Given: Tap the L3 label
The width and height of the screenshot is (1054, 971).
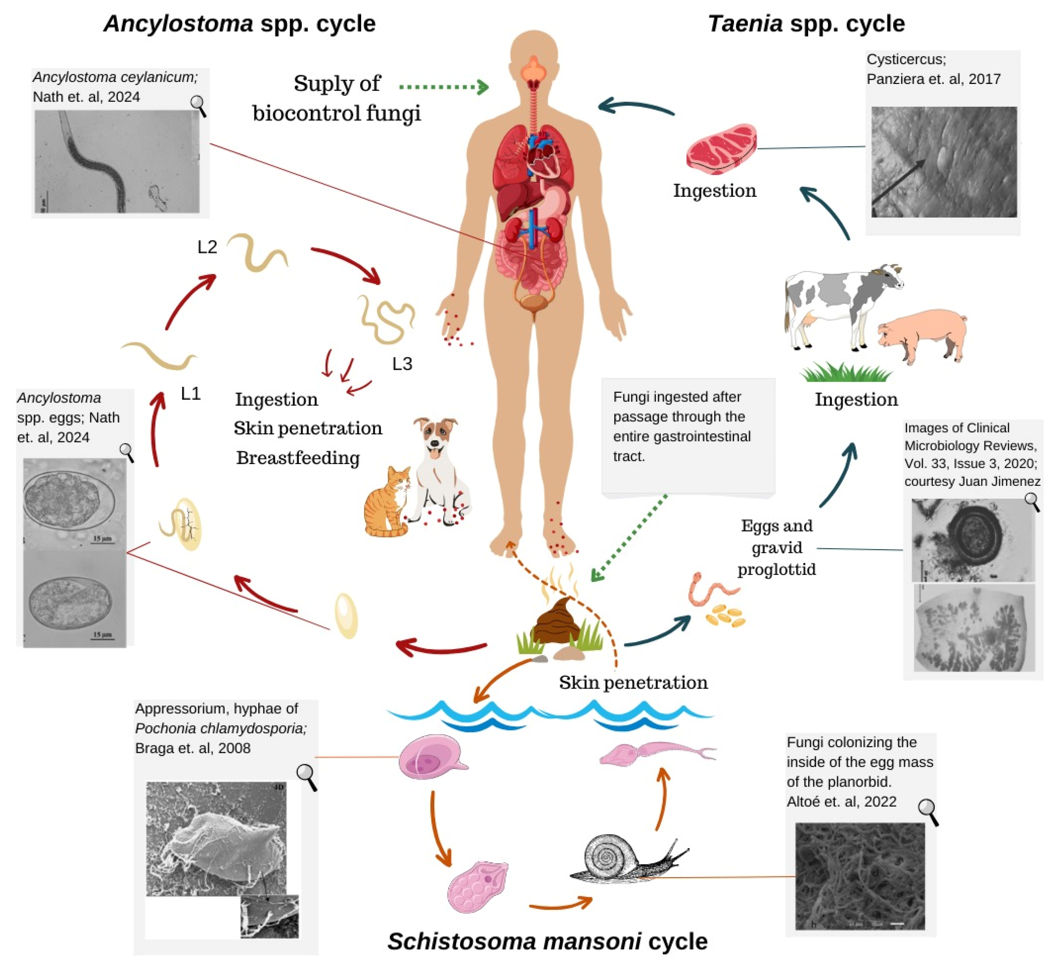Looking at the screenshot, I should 402,364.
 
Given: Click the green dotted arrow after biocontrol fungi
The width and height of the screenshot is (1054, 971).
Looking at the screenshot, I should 444,87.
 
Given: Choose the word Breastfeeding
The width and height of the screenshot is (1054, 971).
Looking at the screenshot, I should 297,458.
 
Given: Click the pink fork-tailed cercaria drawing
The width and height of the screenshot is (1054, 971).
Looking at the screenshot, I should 657,754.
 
